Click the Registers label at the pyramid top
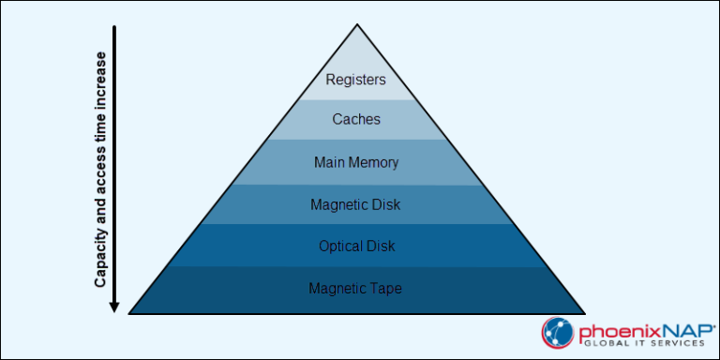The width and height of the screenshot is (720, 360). [355, 80]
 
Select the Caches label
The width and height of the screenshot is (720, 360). [355, 120]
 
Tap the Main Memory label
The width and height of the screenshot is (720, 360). [355, 162]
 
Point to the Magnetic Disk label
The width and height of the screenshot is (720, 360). [355, 204]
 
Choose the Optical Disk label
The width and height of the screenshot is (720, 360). [355, 247]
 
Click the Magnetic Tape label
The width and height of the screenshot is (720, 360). [355, 289]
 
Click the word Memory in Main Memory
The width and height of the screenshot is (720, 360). [372, 162]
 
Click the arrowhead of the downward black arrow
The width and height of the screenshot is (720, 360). [114, 305]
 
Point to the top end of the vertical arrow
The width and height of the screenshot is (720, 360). [114, 28]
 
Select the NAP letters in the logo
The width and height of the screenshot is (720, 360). [669, 329]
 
